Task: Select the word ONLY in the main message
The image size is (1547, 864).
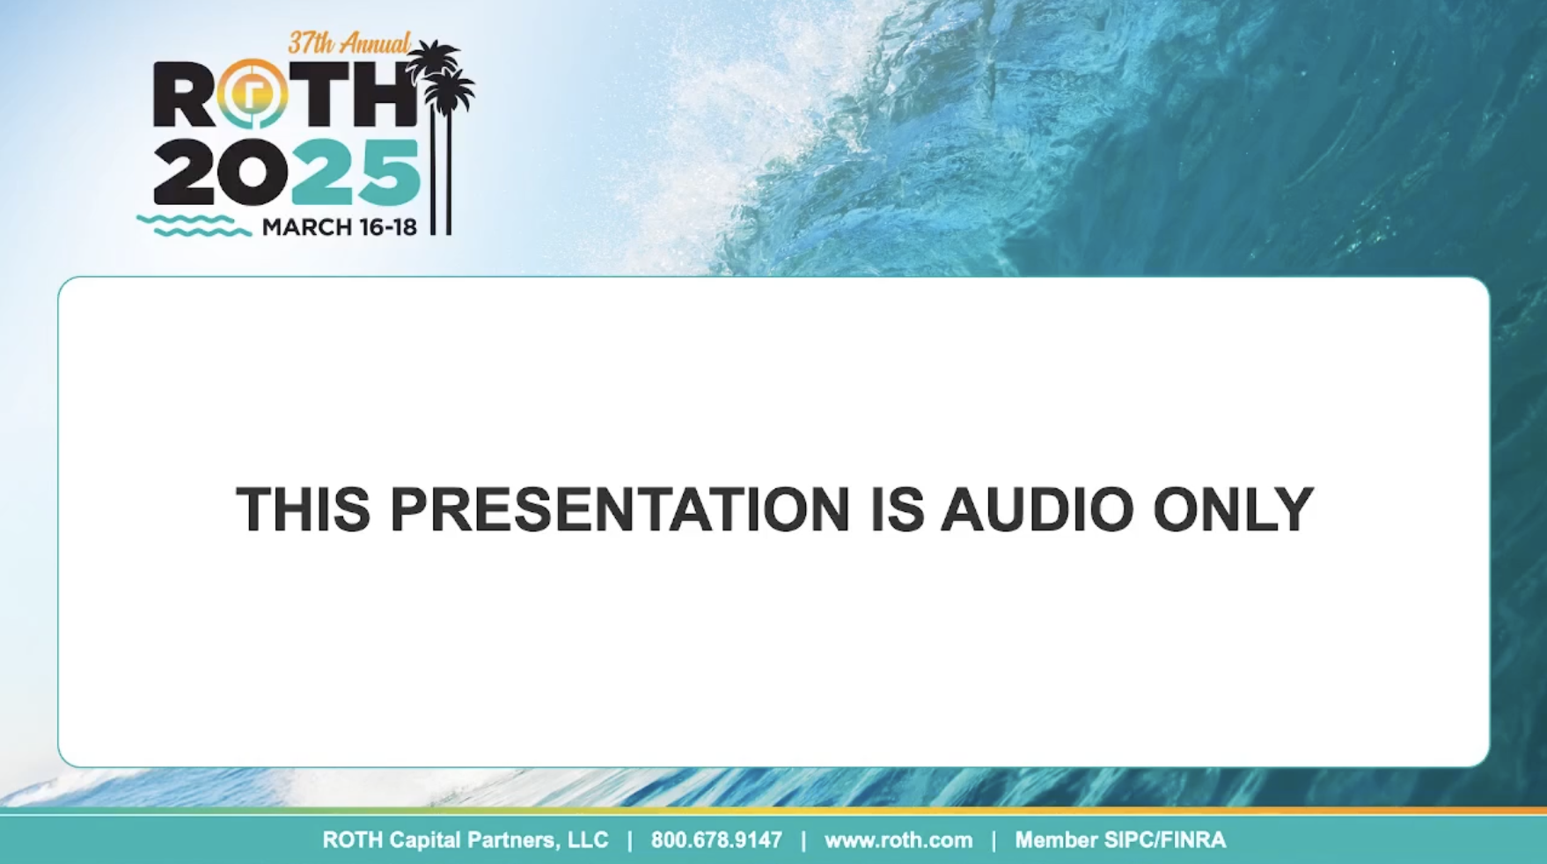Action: pyautogui.click(x=1234, y=509)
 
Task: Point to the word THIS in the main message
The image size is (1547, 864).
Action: pyautogui.click(x=303, y=509)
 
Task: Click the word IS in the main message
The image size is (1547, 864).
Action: pyautogui.click(x=897, y=509)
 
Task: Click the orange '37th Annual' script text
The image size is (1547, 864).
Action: pyautogui.click(x=349, y=43)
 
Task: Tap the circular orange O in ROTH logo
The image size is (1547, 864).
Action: pyautogui.click(x=253, y=93)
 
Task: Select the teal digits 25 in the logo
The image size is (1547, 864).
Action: pyautogui.click(x=356, y=172)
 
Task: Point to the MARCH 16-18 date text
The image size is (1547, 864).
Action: pyautogui.click(x=339, y=227)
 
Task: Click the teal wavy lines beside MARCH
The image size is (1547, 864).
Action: pyautogui.click(x=194, y=225)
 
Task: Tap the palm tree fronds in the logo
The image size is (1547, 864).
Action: pyautogui.click(x=443, y=76)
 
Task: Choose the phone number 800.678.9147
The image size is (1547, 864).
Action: pyautogui.click(x=716, y=840)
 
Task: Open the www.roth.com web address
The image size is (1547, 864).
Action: pyautogui.click(x=898, y=840)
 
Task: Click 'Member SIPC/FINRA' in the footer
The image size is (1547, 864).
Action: pyautogui.click(x=1120, y=840)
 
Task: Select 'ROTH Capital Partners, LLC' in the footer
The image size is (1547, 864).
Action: pyautogui.click(x=466, y=840)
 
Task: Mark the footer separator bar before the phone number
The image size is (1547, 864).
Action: pyautogui.click(x=629, y=840)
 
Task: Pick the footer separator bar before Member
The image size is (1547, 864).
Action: pyautogui.click(x=993, y=840)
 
